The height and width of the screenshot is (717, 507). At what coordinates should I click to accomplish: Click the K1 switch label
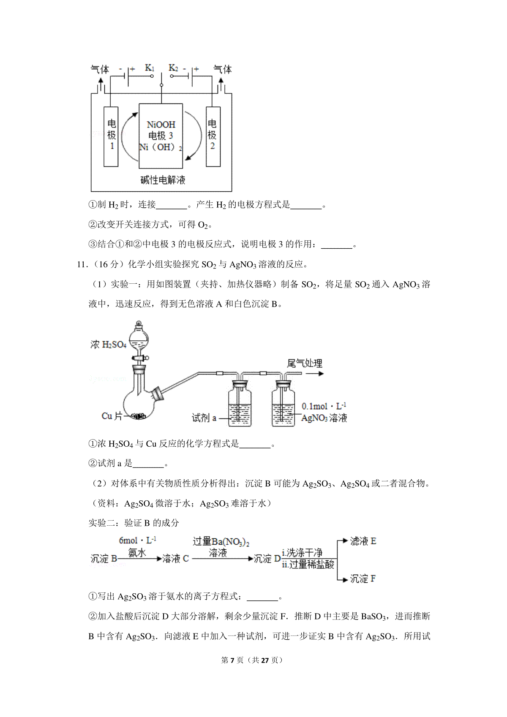pos(150,68)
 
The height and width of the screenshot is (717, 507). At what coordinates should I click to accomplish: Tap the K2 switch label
pos(173,68)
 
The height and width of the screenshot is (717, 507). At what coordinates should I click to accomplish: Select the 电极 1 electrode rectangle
pos(111,137)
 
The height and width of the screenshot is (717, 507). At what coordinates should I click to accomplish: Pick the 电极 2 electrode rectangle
pos(213,137)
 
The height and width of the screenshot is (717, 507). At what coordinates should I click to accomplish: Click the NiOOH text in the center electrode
pos(161,125)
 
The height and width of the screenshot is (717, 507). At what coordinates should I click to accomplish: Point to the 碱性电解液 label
pos(163,180)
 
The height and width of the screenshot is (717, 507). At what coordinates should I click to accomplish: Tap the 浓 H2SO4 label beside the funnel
pos(109,345)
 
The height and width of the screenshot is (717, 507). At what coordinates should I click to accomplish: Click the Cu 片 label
pos(112,416)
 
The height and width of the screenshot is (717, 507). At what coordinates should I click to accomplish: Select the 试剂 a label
pos(204,418)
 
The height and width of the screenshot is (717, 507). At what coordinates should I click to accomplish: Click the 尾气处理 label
pos(305,363)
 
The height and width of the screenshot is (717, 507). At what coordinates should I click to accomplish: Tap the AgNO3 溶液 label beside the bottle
pos(324,418)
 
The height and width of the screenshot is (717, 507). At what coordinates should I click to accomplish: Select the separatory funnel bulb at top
pos(139,337)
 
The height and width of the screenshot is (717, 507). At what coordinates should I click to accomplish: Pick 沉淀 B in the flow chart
pos(104,559)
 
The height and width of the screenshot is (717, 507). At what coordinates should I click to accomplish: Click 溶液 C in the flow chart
pos(175,559)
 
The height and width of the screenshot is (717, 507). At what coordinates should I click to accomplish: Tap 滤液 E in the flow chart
pos(363,541)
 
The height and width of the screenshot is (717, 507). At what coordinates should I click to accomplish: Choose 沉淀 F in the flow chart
pos(363,579)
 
